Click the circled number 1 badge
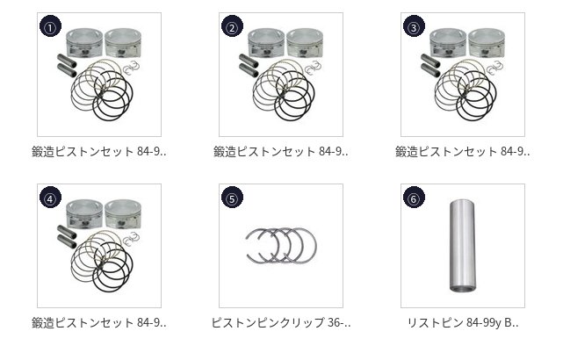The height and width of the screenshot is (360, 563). [x=50, y=26]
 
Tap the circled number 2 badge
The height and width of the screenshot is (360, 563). [x=232, y=26]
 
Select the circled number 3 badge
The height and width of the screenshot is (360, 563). [x=414, y=26]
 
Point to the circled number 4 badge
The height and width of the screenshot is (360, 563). [x=50, y=198]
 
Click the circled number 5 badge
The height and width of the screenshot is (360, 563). [x=232, y=198]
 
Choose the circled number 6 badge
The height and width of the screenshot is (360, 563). [x=414, y=198]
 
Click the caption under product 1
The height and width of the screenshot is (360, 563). [x=99, y=152]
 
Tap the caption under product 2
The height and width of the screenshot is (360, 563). [x=281, y=152]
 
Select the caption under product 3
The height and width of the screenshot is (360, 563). [x=463, y=152]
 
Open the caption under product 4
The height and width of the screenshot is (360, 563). [x=99, y=322]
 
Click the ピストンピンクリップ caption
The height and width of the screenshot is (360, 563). [x=281, y=322]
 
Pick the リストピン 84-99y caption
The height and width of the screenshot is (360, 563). [x=463, y=322]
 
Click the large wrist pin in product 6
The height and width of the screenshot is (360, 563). [x=463, y=246]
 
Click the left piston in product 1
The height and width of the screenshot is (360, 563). [x=84, y=43]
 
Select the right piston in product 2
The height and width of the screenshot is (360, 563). [x=305, y=43]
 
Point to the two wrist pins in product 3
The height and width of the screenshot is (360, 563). [x=430, y=65]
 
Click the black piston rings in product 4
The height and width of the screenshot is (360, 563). [x=112, y=266]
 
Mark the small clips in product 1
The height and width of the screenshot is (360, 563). [x=131, y=68]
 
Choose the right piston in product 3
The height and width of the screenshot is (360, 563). [x=487, y=43]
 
